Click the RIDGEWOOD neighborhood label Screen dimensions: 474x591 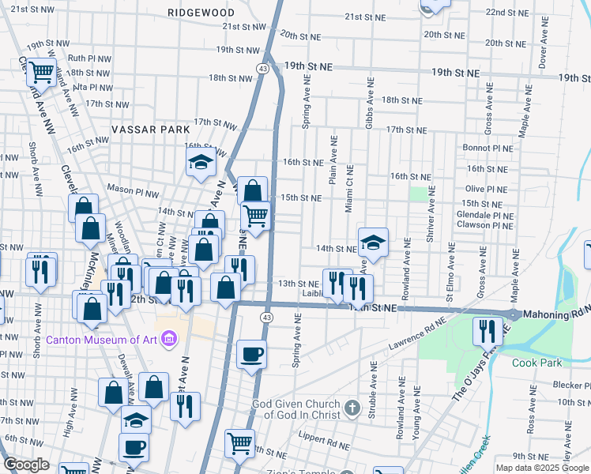(201, 13)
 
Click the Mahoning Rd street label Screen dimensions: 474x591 (557, 314)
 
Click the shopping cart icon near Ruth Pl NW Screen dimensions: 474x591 (42, 73)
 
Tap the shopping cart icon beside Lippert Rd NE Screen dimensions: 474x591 (239, 443)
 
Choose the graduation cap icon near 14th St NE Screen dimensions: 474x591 (373, 242)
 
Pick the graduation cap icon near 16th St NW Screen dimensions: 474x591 (201, 163)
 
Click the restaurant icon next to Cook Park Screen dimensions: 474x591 (487, 331)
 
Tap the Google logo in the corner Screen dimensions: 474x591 (26, 465)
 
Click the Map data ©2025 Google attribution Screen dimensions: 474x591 (542, 468)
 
